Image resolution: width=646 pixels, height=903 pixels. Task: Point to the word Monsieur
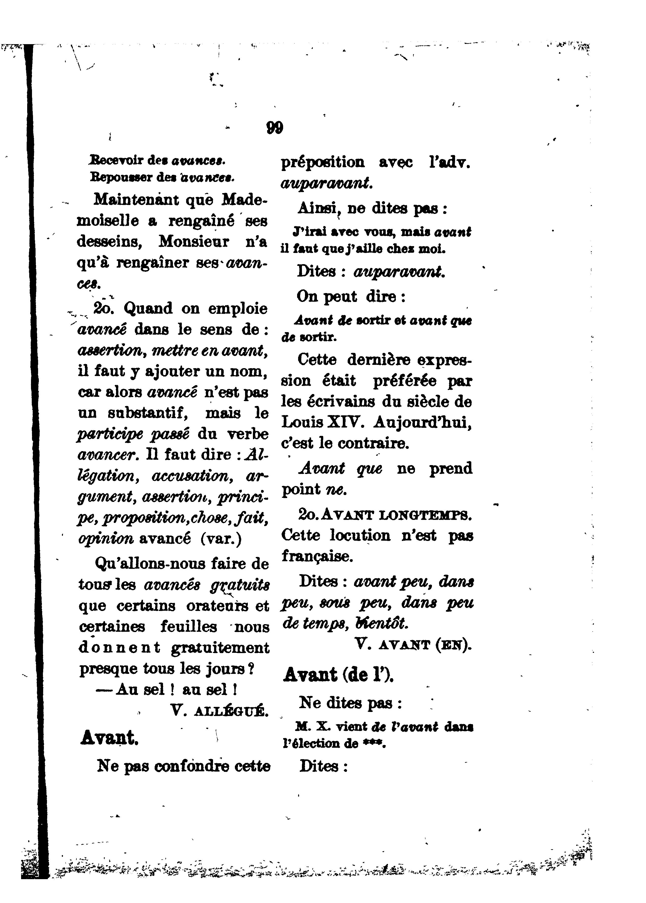tap(194, 241)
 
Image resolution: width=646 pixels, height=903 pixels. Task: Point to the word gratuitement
tap(220, 648)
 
